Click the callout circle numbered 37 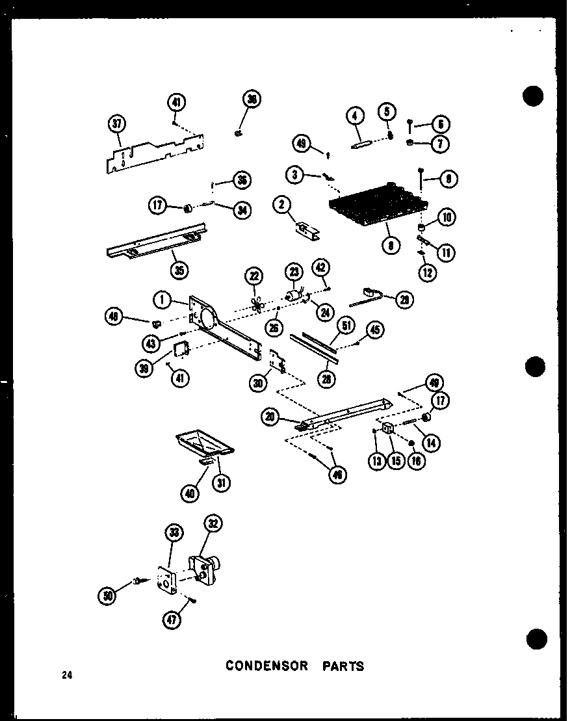point(117,124)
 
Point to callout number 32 point(213,523)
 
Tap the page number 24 point(67,675)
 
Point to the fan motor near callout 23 point(296,296)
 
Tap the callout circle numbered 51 point(347,324)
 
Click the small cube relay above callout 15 point(387,428)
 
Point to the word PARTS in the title point(342,666)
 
